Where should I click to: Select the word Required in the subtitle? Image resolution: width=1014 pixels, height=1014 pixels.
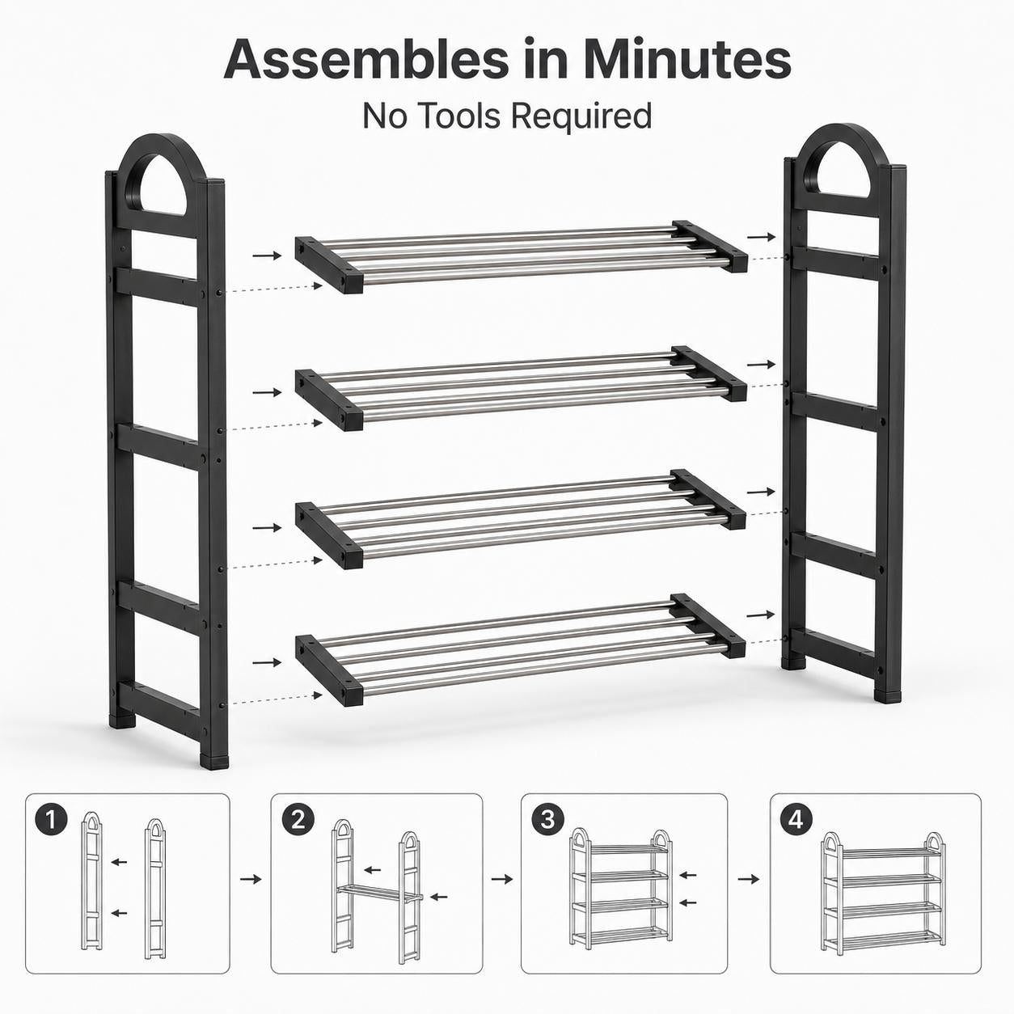(x=582, y=116)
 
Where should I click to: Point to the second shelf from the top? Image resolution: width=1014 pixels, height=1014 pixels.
(x=521, y=388)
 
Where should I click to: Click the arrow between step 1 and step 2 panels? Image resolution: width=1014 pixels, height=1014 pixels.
(x=251, y=879)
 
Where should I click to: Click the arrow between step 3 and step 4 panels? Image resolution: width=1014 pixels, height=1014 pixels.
(x=748, y=879)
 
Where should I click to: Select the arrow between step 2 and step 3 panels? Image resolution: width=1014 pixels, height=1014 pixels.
(x=501, y=879)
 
